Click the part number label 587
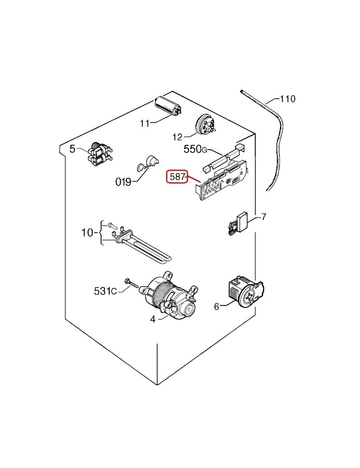(177, 177)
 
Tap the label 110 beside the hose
(288, 99)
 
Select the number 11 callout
(144, 123)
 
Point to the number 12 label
(177, 136)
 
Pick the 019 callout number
(123, 182)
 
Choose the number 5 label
(72, 149)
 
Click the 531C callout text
(105, 291)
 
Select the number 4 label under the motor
(153, 319)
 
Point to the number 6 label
(216, 307)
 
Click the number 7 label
(264, 217)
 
